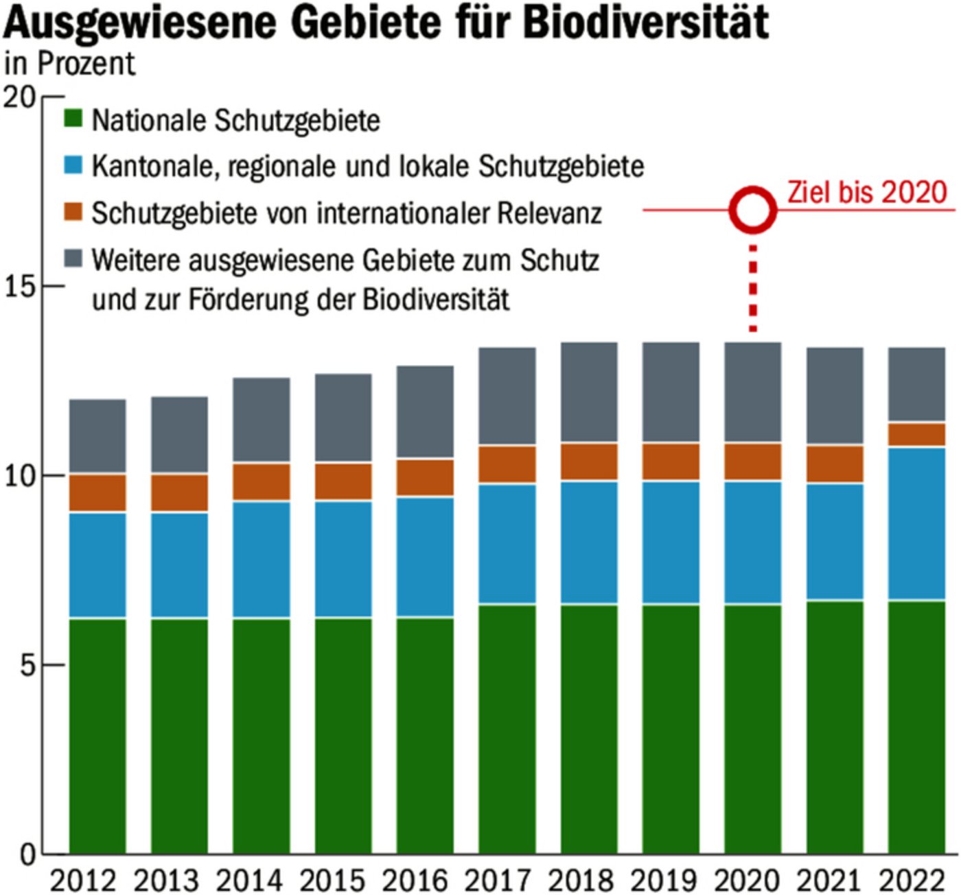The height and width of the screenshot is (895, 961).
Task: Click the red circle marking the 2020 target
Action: (752, 209)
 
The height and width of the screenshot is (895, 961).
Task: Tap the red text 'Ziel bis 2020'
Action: (867, 192)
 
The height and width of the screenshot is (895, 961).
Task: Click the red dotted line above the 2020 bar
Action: (753, 288)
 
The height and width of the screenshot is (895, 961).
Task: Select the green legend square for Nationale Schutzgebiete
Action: (73, 119)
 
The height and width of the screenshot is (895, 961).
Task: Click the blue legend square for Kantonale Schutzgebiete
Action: (73, 165)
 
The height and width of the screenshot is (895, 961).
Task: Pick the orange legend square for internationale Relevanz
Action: (73, 212)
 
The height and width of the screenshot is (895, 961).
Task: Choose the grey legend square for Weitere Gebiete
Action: (73, 259)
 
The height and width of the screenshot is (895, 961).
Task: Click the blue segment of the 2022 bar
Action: (916, 524)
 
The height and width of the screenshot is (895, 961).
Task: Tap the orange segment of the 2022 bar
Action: (916, 435)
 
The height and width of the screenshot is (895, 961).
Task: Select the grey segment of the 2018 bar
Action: (589, 392)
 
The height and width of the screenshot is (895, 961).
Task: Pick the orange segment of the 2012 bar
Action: (97, 492)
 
